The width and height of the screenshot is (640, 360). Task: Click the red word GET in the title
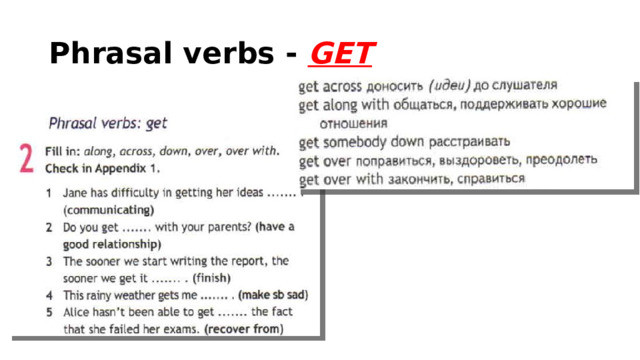pos(343,50)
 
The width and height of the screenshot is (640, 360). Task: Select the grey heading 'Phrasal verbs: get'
pos(108,124)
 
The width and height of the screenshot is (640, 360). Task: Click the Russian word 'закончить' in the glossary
pos(421,179)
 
